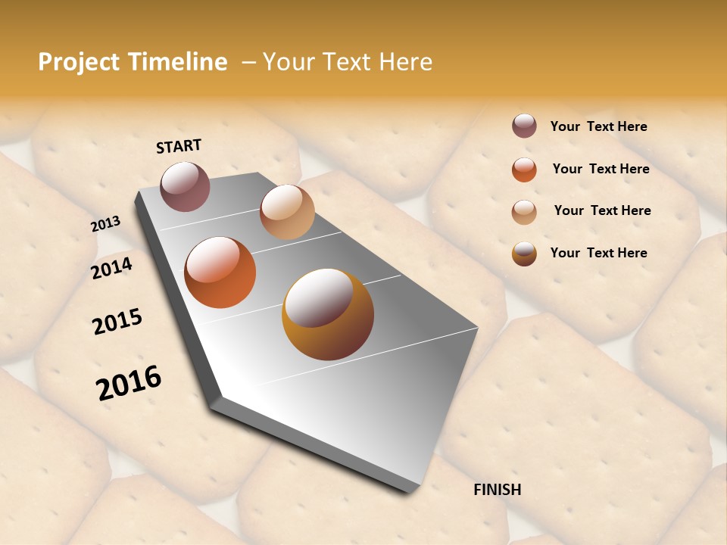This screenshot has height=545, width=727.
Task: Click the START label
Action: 179,146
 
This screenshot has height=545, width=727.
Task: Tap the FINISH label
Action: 498,490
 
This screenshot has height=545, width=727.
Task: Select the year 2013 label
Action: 105,224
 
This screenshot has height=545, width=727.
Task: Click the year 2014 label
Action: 111,268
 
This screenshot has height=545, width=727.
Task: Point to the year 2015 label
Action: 117,322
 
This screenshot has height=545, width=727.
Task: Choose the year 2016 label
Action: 129,382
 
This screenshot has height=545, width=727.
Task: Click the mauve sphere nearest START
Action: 186,186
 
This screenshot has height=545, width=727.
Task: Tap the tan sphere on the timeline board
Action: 287,212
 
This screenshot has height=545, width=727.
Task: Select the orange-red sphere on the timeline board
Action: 220,272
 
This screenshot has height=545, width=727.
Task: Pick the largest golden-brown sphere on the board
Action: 328,314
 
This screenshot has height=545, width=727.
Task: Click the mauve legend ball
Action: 524,126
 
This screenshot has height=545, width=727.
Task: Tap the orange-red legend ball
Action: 524,170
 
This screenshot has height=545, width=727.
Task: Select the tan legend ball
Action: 524,212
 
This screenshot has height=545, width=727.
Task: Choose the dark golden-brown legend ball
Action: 524,254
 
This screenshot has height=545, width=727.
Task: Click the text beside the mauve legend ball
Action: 599,127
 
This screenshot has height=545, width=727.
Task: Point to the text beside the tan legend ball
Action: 603,210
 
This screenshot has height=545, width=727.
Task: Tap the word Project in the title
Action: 79,62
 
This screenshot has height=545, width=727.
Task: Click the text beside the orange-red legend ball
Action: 601,169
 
